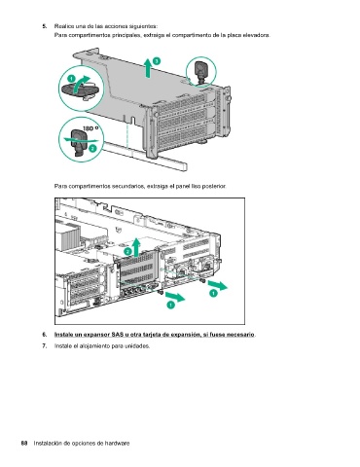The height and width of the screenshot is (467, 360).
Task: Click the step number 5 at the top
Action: (x=45, y=26)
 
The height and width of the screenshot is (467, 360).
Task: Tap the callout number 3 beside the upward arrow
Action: (x=157, y=61)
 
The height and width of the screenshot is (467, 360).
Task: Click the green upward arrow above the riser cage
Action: (x=148, y=68)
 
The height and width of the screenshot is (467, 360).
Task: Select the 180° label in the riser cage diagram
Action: (x=90, y=128)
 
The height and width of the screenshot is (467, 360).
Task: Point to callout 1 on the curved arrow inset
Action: (x=71, y=79)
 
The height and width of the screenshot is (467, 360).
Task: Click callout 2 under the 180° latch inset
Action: (x=92, y=149)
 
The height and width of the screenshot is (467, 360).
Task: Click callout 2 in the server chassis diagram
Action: (x=127, y=252)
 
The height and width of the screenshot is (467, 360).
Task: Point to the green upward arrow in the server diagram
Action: (x=136, y=247)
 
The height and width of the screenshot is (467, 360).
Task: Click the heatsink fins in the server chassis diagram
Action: (x=67, y=236)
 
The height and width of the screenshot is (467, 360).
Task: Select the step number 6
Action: (x=45, y=335)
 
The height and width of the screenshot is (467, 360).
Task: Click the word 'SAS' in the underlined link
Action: (x=117, y=335)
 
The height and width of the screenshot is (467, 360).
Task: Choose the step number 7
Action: (x=45, y=346)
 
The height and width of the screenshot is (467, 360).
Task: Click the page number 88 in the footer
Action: (x=24, y=444)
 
